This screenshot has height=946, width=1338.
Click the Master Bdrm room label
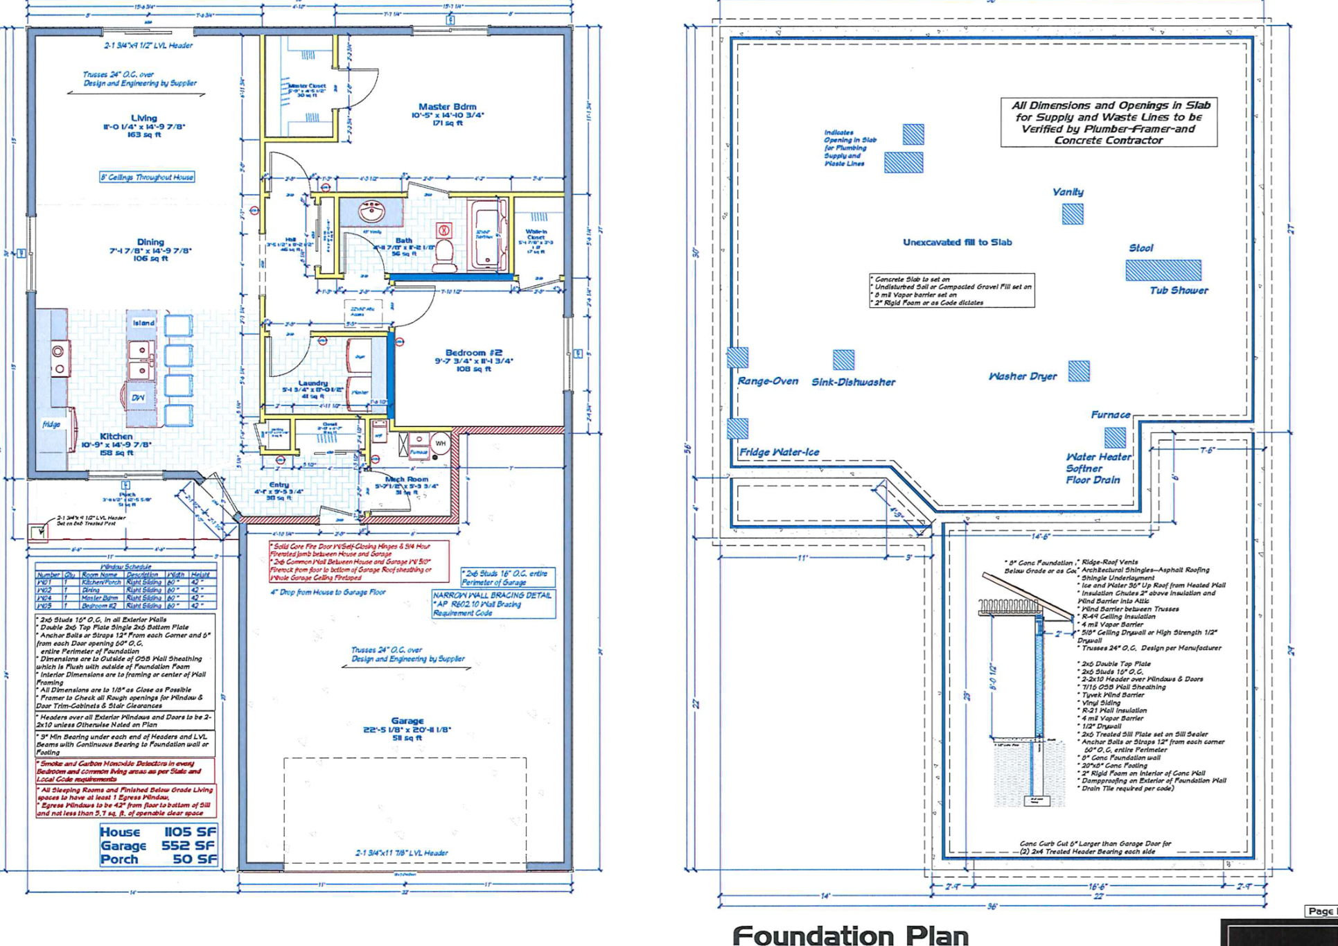447,107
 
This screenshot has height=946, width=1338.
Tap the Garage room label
407,721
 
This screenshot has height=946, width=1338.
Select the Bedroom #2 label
473,353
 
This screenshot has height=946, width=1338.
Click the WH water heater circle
441,444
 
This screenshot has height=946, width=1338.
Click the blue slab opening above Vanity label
1072,214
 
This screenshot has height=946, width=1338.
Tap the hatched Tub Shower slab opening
1163,270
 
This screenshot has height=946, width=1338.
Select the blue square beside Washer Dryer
1078,371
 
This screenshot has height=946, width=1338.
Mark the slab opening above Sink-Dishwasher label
843,360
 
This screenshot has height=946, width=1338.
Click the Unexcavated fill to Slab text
957,243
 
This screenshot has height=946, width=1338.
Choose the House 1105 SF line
158,832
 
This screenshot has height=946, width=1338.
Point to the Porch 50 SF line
158,859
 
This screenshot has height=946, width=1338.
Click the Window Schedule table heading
126,567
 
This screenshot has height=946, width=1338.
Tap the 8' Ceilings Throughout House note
147,177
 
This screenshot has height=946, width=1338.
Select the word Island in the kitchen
143,323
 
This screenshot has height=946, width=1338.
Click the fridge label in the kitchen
51,424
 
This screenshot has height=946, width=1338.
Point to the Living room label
144,118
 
